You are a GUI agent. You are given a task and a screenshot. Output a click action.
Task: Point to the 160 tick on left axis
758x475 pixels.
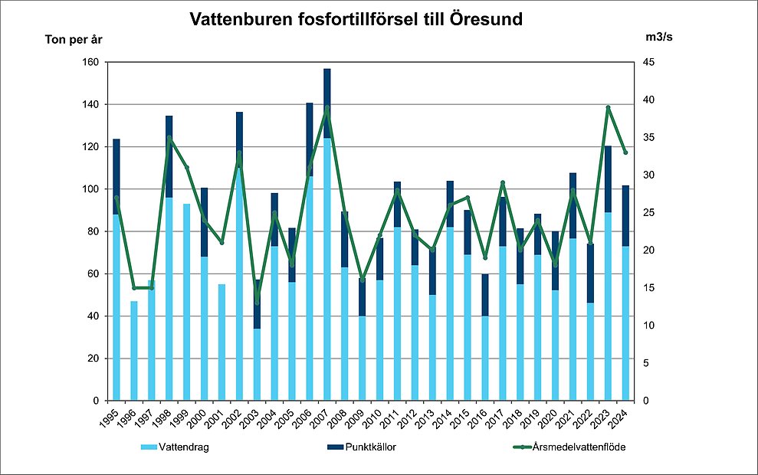[90, 62]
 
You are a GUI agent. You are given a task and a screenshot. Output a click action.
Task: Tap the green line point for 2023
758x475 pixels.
[608, 107]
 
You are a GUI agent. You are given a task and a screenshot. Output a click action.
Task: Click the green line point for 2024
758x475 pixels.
[625, 152]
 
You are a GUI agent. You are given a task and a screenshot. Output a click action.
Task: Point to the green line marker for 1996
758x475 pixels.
[134, 288]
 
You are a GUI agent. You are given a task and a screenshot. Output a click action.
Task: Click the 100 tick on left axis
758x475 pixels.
[90, 189]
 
